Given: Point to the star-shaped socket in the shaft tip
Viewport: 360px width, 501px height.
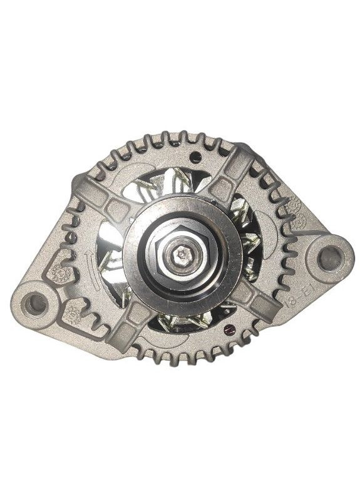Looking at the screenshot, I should (182, 253).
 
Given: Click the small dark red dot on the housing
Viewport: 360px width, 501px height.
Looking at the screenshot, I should (229, 327).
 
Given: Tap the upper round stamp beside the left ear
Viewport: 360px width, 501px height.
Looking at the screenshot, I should (59, 271).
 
